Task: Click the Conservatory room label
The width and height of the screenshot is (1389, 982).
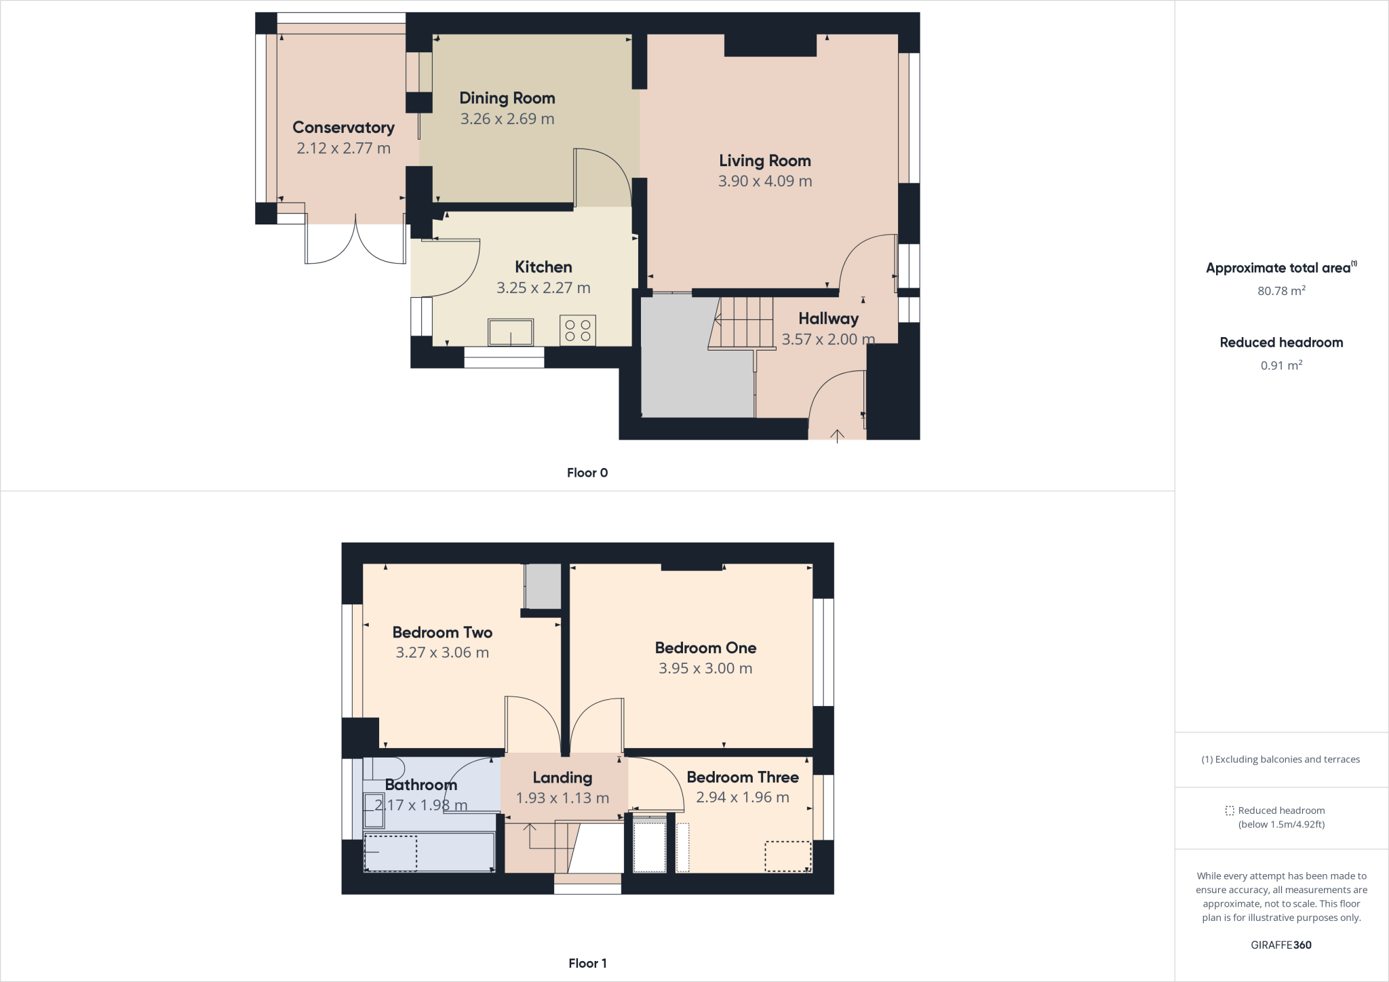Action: point(343,127)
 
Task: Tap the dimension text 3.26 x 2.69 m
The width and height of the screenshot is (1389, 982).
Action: point(507,119)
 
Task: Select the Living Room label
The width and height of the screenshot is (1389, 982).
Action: point(765,161)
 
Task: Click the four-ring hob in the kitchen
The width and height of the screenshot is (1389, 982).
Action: point(578,330)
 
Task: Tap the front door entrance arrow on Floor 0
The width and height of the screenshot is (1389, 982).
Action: point(838,435)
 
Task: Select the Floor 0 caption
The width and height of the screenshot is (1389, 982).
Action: point(587,473)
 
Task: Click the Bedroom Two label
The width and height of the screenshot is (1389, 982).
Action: point(442,633)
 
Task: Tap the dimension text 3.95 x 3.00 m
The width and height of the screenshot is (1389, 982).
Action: point(705,669)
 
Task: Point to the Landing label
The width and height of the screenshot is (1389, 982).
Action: point(562,778)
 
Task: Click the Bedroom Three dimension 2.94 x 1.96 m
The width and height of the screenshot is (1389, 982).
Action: point(743,798)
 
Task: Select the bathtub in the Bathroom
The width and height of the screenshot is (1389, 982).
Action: point(430,852)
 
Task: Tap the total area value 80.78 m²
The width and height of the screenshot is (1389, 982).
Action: point(1281,291)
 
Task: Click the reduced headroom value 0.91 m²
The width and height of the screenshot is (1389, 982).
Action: point(1281,366)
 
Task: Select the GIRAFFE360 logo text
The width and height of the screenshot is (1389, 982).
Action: point(1281,945)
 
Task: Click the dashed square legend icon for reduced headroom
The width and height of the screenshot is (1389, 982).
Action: point(1230,810)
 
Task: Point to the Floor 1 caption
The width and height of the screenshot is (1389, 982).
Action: point(587,963)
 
